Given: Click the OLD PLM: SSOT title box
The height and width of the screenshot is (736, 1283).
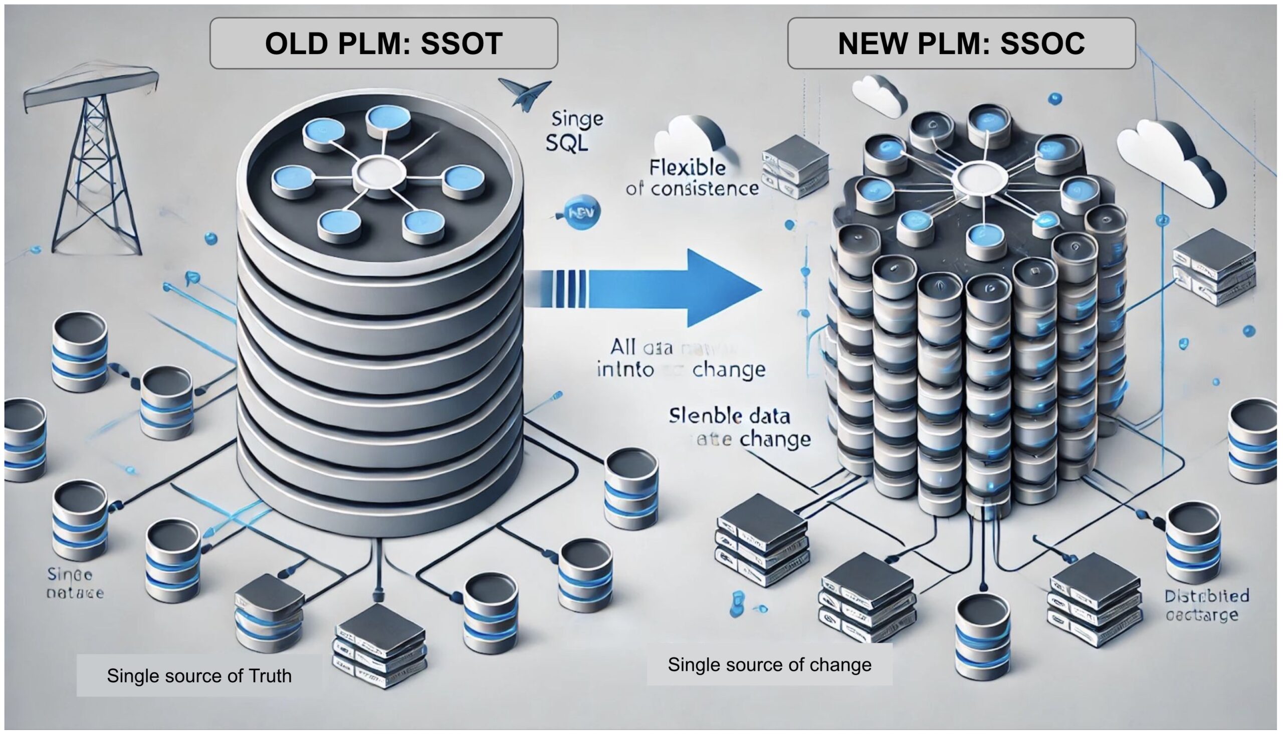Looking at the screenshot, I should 383,44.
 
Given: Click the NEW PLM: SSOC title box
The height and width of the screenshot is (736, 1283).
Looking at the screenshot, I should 961,44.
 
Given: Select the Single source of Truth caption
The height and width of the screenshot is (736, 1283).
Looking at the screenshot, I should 199,676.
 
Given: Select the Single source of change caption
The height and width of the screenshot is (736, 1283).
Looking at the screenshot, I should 769,664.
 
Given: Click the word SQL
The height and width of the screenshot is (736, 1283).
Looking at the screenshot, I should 567,144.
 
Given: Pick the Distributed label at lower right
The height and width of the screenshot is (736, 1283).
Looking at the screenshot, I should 1207,596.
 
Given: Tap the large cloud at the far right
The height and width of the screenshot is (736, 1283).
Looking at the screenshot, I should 1172,162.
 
